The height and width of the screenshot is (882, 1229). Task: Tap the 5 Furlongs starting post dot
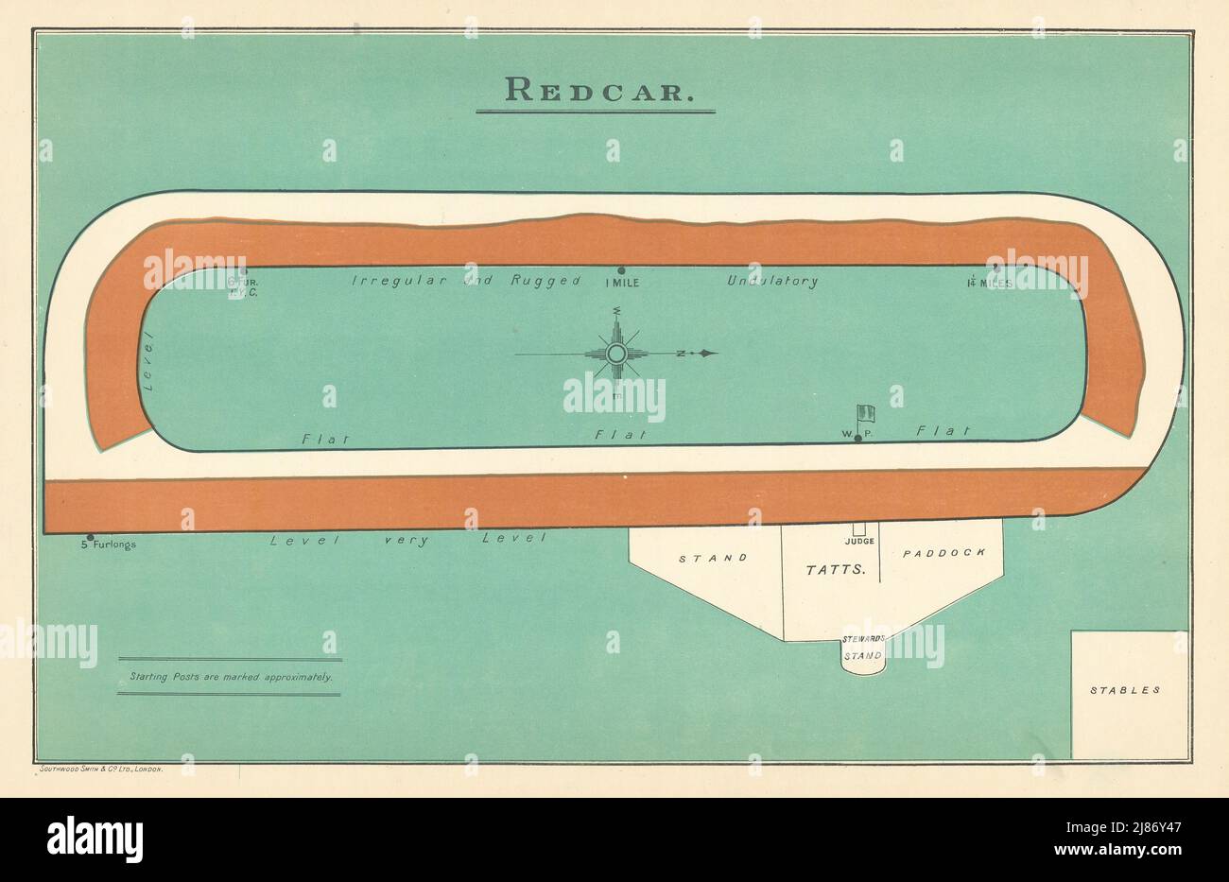91,537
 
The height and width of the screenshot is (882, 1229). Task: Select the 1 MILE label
621,282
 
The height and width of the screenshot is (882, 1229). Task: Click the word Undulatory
772,281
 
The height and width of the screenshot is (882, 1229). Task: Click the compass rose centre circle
616,354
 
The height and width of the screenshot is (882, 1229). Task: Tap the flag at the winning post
864,413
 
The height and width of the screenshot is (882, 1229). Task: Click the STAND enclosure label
714,558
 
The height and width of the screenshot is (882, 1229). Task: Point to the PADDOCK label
944,552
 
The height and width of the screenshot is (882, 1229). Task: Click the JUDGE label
859,542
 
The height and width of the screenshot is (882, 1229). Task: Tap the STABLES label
1125,690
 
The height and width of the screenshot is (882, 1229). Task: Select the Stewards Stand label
863,649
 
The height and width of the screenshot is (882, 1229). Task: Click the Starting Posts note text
231,677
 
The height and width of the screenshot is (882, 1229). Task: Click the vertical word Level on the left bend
147,364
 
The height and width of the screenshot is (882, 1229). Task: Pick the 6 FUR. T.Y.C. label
236,286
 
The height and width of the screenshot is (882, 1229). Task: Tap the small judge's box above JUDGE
859,529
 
